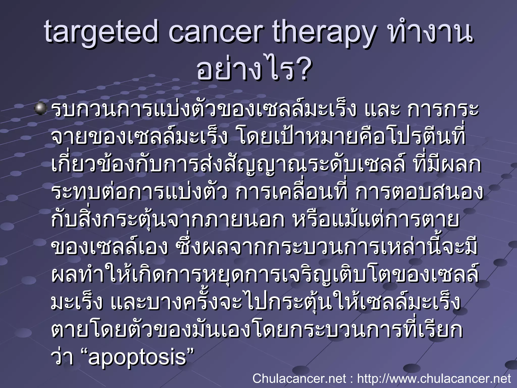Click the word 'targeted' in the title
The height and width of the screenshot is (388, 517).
pos(101,33)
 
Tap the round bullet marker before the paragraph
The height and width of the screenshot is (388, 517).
pos(40,109)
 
